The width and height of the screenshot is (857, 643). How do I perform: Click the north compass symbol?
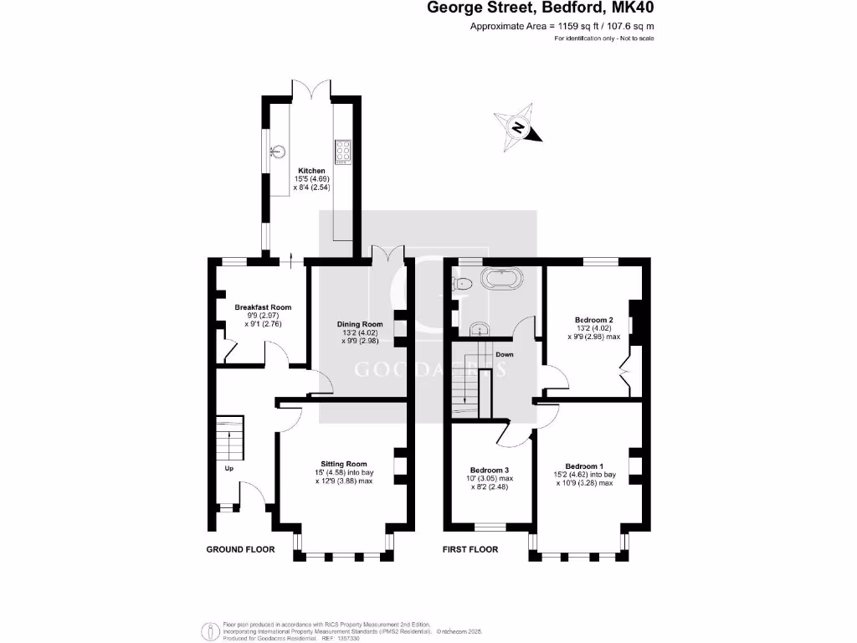coord(518,128)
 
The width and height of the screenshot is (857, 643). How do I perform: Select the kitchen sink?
coord(277,152)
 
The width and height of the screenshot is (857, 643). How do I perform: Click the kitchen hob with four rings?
coord(343,151)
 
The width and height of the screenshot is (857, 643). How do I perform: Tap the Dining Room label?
coord(360,324)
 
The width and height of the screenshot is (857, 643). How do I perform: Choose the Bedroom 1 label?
coord(584,466)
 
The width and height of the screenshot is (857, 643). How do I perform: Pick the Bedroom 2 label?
coord(594,320)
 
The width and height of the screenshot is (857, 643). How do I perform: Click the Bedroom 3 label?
coord(489,470)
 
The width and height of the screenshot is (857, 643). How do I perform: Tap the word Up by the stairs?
coord(228,468)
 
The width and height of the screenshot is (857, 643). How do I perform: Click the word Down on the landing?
coord(504,354)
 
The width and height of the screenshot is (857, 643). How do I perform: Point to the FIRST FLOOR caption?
coord(470,550)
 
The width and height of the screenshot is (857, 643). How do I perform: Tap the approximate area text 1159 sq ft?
coord(562,27)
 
